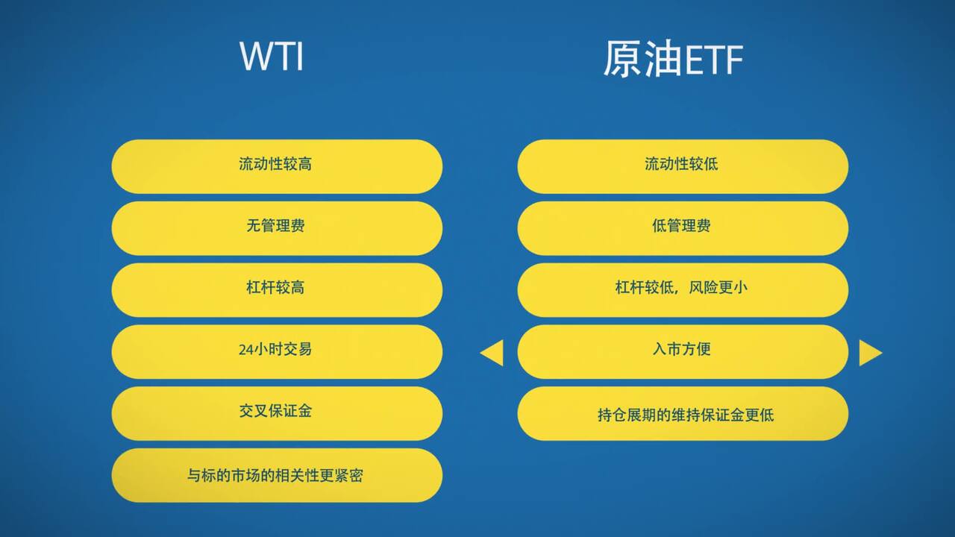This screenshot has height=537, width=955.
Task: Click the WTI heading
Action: (272, 57)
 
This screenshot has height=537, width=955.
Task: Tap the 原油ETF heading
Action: (672, 60)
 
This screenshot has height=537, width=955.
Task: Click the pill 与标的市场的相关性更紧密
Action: (277, 475)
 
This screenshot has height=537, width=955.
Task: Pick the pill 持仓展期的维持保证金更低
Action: (683, 413)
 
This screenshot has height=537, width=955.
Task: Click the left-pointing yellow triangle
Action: (492, 353)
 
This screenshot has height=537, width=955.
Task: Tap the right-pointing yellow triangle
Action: (870, 353)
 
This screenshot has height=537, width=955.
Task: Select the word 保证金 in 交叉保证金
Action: (293, 411)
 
